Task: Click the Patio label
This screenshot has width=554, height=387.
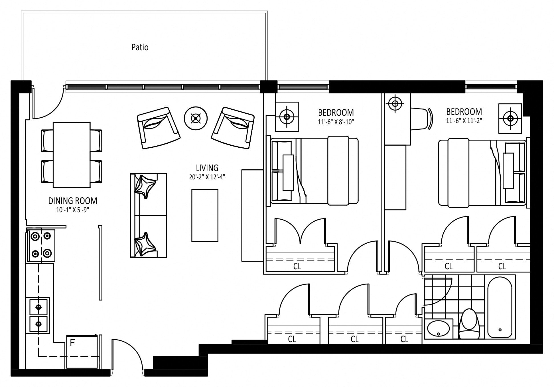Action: click(x=140, y=47)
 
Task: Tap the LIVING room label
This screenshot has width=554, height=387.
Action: click(x=207, y=168)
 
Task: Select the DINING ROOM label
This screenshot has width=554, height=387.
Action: click(x=73, y=201)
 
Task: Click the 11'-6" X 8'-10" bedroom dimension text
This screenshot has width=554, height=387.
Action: click(x=336, y=122)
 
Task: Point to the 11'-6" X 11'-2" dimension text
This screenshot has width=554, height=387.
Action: click(x=464, y=121)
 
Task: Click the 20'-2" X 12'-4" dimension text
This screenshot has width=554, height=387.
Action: click(x=207, y=177)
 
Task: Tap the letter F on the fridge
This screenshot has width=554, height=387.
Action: click(x=72, y=343)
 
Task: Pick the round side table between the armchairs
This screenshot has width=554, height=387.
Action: click(x=196, y=118)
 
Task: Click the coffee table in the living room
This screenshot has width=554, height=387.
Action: click(x=205, y=216)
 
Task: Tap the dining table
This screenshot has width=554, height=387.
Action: click(x=72, y=155)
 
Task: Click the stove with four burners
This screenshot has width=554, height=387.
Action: click(x=41, y=245)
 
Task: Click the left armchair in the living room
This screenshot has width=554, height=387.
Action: click(x=159, y=128)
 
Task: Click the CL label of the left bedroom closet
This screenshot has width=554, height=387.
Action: click(x=297, y=266)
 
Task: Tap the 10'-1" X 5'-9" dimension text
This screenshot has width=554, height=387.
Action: click(x=73, y=210)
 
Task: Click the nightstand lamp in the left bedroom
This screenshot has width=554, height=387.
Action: click(x=287, y=117)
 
